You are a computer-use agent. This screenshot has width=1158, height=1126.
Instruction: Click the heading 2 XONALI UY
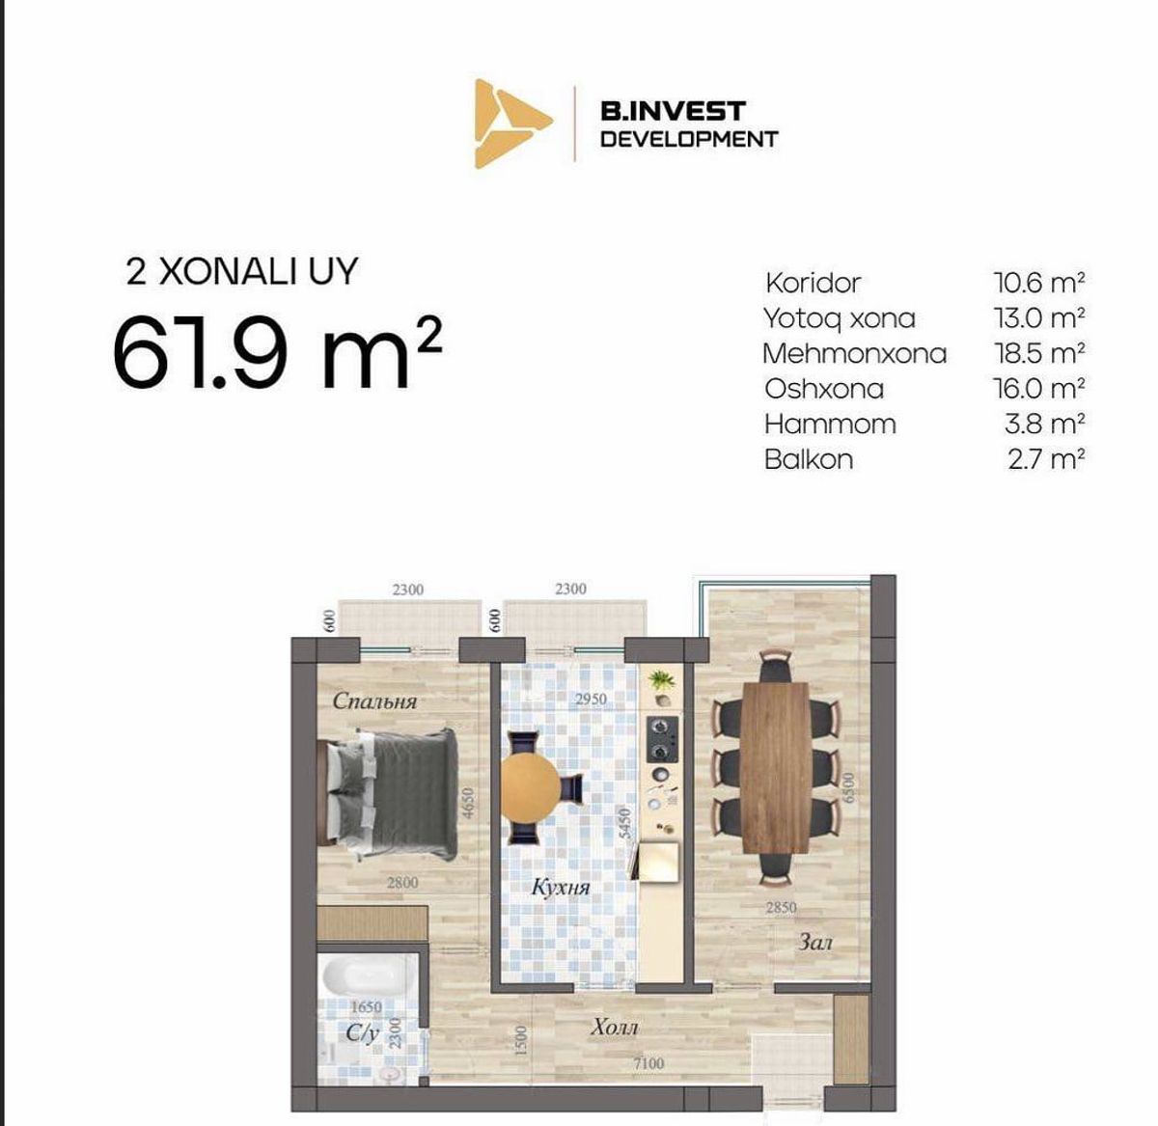click(242, 271)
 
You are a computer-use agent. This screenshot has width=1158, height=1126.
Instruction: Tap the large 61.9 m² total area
click(277, 353)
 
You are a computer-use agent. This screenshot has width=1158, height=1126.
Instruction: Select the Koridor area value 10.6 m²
click(1038, 283)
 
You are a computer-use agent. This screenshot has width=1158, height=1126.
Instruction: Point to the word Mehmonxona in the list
click(855, 353)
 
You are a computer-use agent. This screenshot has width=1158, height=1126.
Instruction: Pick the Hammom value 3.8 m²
click(1044, 425)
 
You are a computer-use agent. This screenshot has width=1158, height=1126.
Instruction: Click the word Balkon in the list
click(808, 459)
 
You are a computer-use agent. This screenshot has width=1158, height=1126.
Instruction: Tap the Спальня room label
click(374, 701)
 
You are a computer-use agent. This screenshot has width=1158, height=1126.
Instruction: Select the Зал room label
click(814, 942)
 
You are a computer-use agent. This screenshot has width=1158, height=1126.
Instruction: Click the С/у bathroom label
click(363, 1033)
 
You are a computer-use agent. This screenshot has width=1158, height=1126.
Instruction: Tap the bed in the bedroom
click(387, 794)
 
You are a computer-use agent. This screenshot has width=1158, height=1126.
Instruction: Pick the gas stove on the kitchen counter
click(662, 739)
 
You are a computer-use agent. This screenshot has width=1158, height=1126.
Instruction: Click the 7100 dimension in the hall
click(648, 1063)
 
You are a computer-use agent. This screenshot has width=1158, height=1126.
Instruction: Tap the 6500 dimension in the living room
click(848, 787)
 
